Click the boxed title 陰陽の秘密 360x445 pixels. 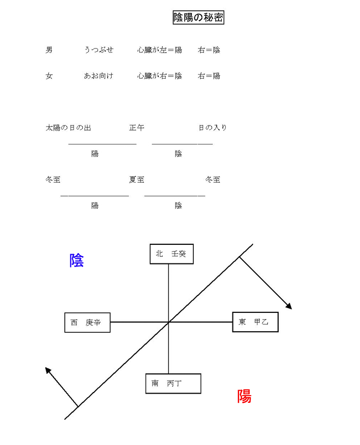[x=199, y=17]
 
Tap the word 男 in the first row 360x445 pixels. [x=49, y=50]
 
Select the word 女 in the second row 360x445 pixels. [x=49, y=76]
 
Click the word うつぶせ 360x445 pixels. [x=99, y=50]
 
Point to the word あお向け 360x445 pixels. [x=98, y=76]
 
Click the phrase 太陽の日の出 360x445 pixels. [x=68, y=128]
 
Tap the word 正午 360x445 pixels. [x=137, y=128]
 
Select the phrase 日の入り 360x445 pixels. [x=212, y=128]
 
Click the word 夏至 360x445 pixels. [x=137, y=180]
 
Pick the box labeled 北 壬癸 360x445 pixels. [x=172, y=254]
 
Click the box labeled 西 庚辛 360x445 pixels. [x=87, y=323]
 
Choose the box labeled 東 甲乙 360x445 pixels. [x=255, y=322]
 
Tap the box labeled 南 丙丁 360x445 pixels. [x=173, y=384]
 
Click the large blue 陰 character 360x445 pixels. [x=77, y=260]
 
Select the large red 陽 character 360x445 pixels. [x=244, y=396]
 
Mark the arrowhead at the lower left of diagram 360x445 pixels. [x=48, y=370]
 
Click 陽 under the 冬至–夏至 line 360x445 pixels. [x=95, y=205]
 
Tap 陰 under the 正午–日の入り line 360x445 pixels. [x=178, y=153]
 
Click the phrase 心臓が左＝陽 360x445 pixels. [x=160, y=50]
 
